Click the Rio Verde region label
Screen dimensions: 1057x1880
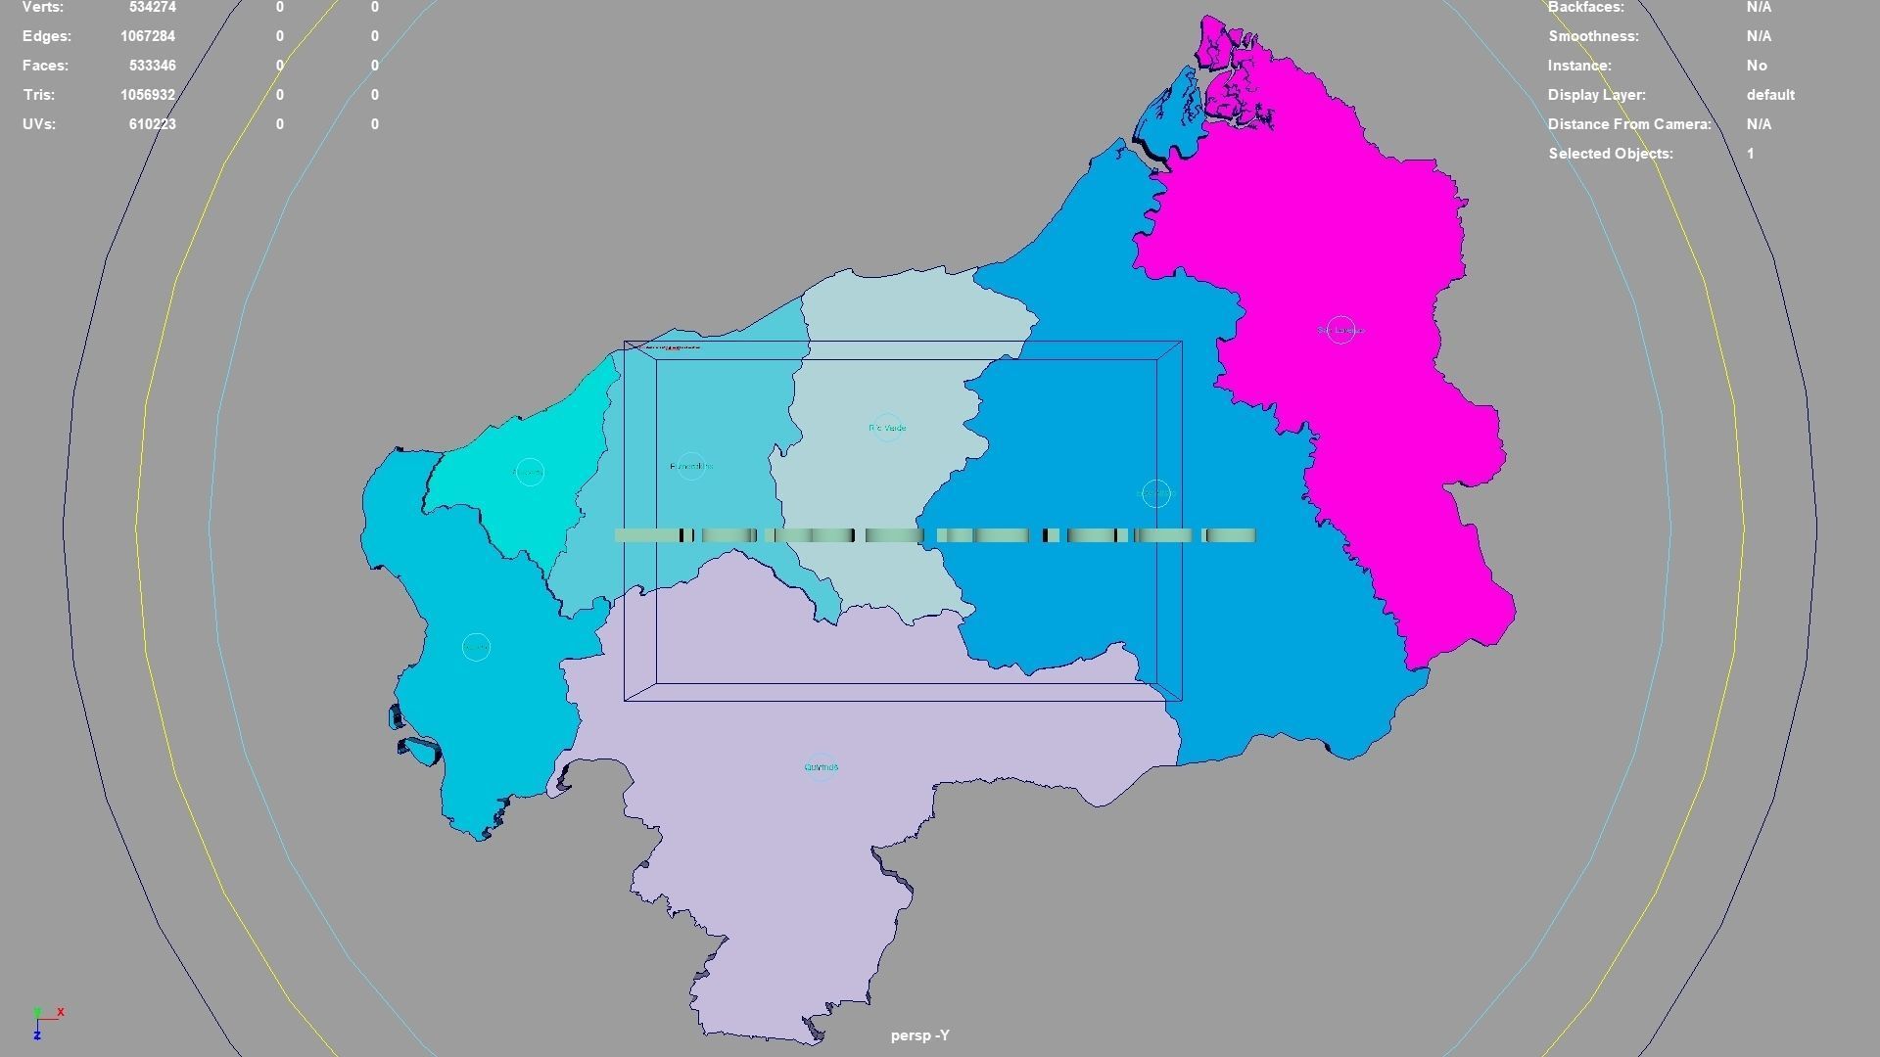(887, 428)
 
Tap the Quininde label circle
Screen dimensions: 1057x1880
(821, 767)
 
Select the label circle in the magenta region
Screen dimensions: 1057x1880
(1340, 331)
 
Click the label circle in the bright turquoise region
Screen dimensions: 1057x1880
(529, 473)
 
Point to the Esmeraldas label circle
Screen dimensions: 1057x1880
(691, 466)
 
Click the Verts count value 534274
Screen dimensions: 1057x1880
(152, 7)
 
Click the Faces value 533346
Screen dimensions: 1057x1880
(152, 66)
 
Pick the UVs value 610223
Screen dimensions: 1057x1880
(152, 124)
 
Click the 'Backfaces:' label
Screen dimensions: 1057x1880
(1585, 7)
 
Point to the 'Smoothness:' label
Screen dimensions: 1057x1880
(1593, 36)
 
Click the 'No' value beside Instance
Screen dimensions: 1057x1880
(1757, 66)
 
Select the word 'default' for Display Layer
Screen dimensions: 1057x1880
(1770, 95)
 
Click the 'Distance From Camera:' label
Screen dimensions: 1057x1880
(1629, 124)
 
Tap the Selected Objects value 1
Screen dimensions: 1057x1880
(1750, 154)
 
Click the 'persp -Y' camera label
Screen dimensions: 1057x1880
(919, 1035)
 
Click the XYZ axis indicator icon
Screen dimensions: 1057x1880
(44, 1022)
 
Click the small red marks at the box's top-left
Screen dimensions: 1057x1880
(673, 347)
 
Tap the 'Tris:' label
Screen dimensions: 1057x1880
(39, 95)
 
